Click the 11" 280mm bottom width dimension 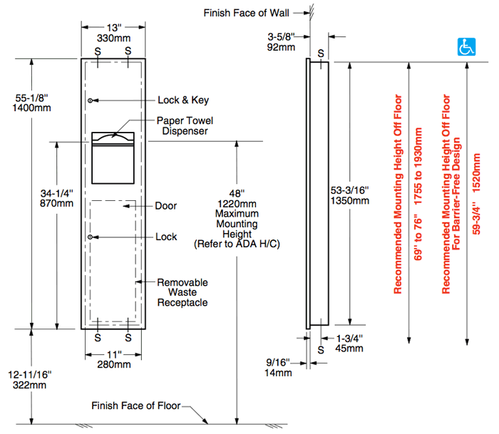[113, 359]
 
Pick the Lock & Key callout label [178, 100]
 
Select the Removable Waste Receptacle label [182, 292]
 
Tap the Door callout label [165, 206]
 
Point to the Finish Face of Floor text [136, 405]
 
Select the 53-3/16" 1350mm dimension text [351, 195]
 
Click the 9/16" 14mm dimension [279, 367]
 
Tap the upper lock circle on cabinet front [91, 100]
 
